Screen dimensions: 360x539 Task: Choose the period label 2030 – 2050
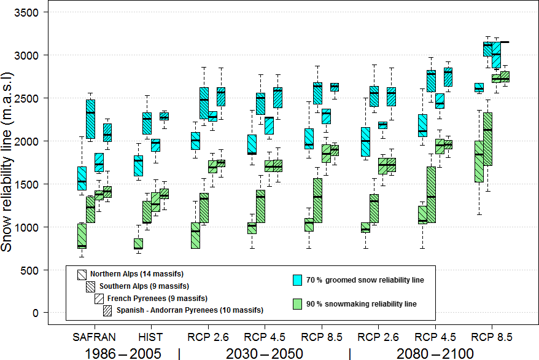coord(263,353)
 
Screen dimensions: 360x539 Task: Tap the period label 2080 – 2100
coord(435,353)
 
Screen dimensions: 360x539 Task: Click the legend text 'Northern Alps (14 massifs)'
coord(137,274)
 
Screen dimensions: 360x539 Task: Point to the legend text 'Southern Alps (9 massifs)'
coord(144,286)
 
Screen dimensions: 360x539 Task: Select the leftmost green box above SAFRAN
coord(82,236)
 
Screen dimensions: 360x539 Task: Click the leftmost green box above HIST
coord(138,243)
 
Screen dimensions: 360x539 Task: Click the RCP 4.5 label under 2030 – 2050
coord(265,337)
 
